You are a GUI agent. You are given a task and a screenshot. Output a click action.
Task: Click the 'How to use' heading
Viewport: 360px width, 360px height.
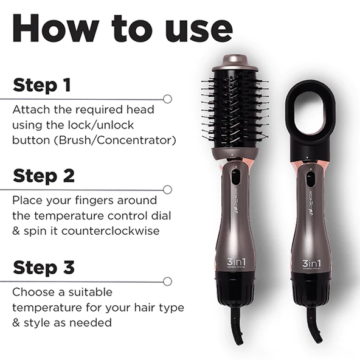[122, 29]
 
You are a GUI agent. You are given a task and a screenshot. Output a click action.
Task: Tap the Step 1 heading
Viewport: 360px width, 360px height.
[42, 85]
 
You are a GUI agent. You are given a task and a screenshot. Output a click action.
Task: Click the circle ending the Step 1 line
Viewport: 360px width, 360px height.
[167, 99]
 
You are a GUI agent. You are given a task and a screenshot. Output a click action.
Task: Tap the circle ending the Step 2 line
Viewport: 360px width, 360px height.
[167, 190]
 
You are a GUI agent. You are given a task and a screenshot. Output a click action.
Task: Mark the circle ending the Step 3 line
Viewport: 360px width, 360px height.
[167, 281]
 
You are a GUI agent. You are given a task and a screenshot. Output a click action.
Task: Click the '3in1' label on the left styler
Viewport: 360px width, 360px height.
[234, 262]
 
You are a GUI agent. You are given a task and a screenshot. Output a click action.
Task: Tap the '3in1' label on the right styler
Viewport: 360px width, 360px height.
[311, 262]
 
